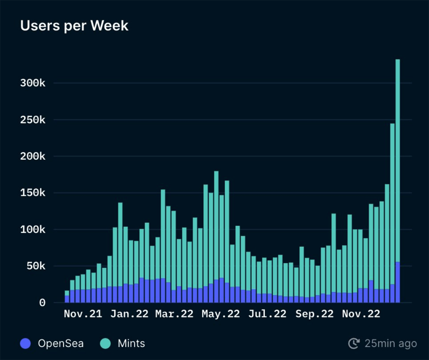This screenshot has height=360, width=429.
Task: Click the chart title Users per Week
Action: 74,26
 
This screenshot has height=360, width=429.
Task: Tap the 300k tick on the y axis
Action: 33,84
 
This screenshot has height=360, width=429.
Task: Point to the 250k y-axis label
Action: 33,120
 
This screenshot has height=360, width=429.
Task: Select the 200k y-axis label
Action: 33,156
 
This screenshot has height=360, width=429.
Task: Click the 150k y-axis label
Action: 33,193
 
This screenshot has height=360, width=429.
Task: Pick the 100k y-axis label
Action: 33,230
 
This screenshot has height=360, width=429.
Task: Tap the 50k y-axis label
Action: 35,266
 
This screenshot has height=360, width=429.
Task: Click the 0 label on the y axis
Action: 43,303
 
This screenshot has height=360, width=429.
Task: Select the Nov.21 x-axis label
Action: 83,314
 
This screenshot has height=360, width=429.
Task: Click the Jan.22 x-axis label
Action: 129,314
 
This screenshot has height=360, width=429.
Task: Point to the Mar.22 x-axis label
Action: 174,314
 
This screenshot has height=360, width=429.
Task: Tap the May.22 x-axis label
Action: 221,314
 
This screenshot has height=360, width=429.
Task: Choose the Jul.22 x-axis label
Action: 267,314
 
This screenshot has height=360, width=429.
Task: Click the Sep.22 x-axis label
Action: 315,314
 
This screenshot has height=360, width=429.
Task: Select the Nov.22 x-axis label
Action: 361,314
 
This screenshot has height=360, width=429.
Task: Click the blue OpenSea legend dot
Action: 26,344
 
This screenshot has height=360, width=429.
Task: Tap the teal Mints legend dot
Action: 105,344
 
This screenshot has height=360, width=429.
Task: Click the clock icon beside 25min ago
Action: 354,344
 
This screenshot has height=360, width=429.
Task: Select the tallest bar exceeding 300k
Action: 398,179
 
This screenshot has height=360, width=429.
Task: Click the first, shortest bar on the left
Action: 67,297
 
